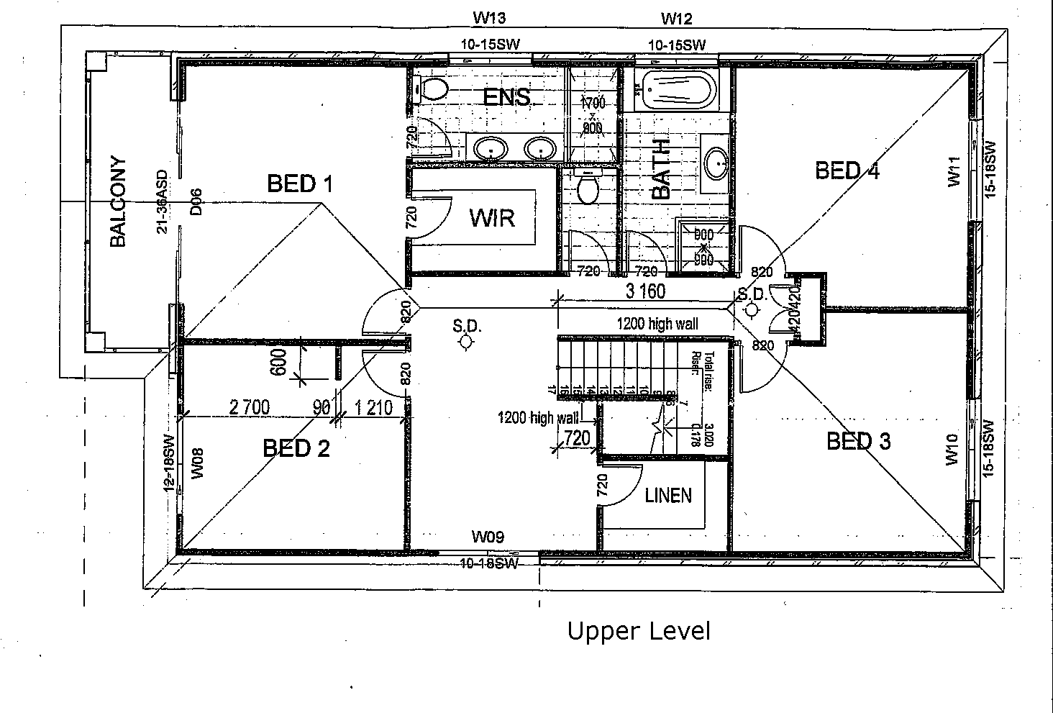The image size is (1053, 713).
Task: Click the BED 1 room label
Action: (x=299, y=184)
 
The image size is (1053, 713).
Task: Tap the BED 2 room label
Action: (x=296, y=449)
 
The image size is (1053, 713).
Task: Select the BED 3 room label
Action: (x=858, y=441)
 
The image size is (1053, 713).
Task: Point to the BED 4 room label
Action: (x=847, y=171)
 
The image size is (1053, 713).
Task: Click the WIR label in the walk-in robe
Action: (x=492, y=218)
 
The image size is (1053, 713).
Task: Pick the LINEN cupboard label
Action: (x=668, y=495)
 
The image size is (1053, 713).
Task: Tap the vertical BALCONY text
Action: (x=118, y=202)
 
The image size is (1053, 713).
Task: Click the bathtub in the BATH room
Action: (x=678, y=90)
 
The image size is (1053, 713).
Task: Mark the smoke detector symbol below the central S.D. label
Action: (x=466, y=343)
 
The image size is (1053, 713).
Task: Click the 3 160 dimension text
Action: (x=645, y=291)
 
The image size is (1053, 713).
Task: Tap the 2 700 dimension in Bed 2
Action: (x=250, y=408)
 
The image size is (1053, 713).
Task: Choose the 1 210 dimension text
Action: (x=373, y=409)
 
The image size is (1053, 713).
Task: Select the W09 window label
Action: (x=488, y=536)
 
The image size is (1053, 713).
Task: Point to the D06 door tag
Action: (x=196, y=202)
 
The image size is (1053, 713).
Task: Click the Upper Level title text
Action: (x=638, y=631)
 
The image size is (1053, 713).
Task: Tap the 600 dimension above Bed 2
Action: (x=280, y=362)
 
